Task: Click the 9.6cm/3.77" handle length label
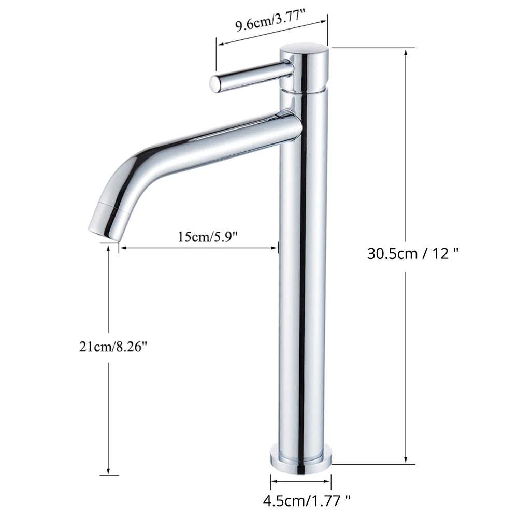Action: tap(270, 24)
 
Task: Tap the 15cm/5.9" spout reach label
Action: tap(207, 237)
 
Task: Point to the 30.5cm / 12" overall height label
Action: tap(413, 254)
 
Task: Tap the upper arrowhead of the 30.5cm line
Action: tap(405, 52)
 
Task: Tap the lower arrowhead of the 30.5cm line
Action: tap(405, 461)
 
